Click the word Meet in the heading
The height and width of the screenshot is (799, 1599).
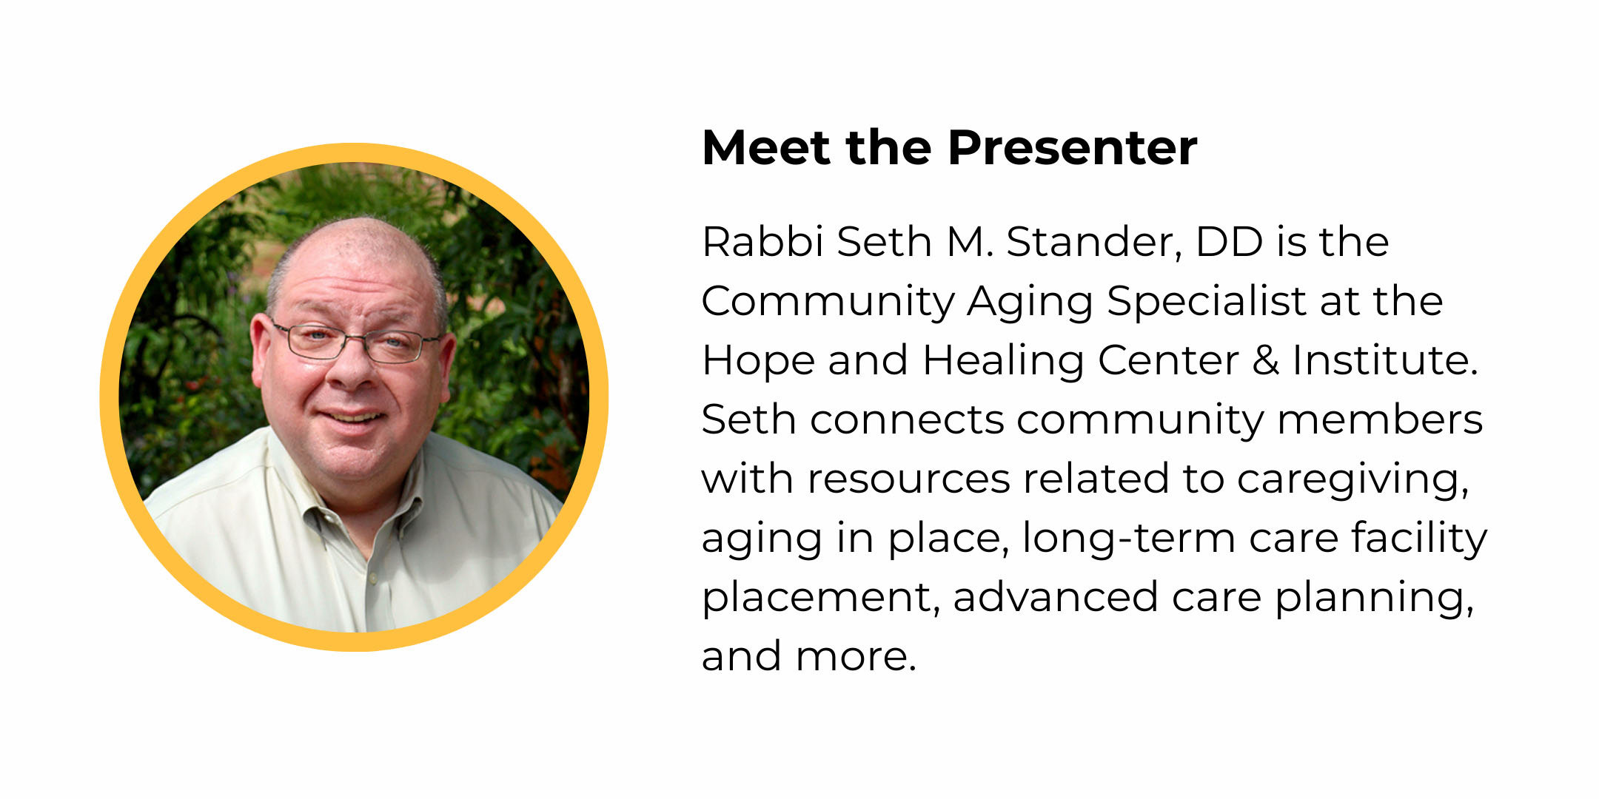point(766,147)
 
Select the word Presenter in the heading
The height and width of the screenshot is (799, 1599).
point(1073,147)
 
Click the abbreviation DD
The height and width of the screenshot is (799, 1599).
point(1229,241)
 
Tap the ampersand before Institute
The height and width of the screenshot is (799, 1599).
point(1266,360)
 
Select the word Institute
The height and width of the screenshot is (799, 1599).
point(1384,360)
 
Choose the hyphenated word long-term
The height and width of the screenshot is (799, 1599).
point(1128,538)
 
